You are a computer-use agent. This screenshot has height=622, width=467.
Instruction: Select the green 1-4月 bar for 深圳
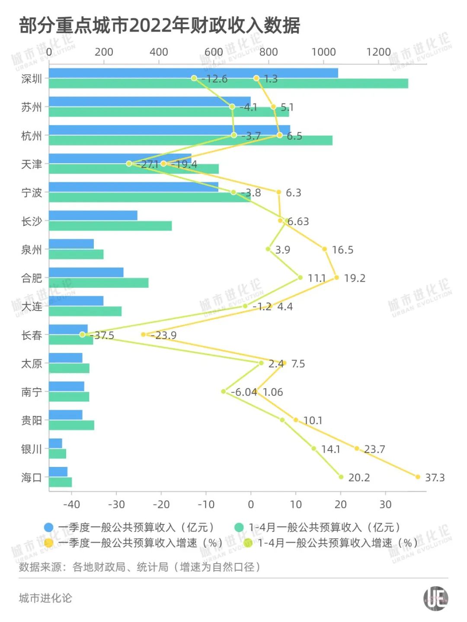coord(228,84)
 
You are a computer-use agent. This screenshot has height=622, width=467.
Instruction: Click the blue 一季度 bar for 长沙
coord(93,215)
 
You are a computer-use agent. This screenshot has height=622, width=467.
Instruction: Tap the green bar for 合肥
coord(99,283)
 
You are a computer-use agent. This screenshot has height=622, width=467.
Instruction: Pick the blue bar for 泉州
coord(71,244)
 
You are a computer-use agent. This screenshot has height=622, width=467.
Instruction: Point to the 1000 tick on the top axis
coord(323,52)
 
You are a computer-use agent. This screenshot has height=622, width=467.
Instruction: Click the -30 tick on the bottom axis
coord(116,504)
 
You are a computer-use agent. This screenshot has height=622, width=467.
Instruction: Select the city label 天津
coord(32,164)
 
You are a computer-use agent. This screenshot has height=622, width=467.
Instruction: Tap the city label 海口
coord(32,477)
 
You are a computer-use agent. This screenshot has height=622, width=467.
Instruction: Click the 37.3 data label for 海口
coord(435,477)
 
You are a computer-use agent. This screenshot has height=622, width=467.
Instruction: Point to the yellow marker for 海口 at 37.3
coord(418,477)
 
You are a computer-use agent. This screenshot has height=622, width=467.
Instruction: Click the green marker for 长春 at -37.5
coord(82,335)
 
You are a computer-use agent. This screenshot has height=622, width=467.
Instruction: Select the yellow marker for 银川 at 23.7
coord(357,448)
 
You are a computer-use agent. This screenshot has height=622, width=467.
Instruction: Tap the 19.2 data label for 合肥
coord(355,278)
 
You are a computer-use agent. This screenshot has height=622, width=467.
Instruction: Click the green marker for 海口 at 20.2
coord(341,477)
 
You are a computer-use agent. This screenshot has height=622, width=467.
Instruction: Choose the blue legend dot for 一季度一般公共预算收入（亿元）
coord(48,527)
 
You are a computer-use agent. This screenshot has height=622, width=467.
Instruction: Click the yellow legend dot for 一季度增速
coord(48,543)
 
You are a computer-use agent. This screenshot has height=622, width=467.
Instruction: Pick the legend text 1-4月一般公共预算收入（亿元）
coord(324,527)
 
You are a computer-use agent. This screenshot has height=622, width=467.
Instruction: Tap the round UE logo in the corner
coord(435,598)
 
